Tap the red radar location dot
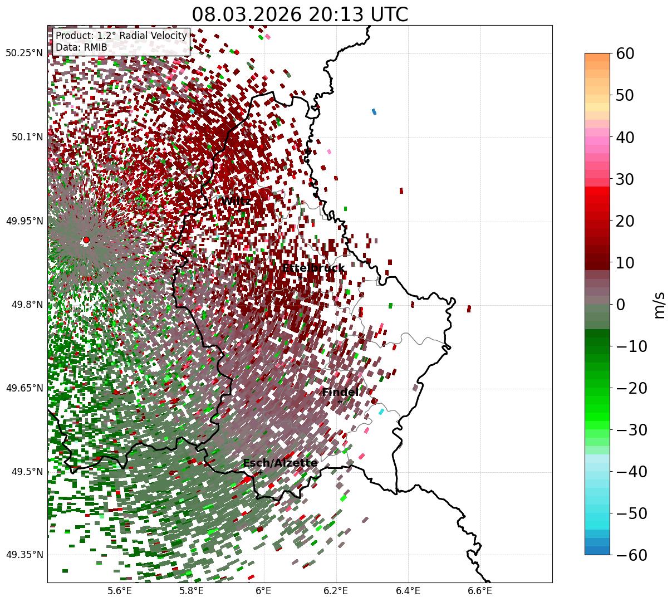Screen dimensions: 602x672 click(86, 240)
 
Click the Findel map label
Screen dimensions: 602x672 click(340, 393)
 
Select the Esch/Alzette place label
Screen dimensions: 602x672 click(280, 463)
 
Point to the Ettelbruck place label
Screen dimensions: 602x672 click(313, 268)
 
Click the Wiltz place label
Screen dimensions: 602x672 click(235, 201)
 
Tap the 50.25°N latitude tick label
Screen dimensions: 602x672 click(24, 53)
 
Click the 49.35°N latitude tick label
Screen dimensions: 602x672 click(24, 555)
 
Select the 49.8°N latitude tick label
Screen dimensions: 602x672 click(26, 305)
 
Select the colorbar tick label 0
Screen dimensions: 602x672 click(621, 305)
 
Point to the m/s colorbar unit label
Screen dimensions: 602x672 click(659, 305)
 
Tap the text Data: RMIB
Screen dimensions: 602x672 click(81, 47)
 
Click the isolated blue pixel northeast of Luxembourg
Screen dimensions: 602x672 click(374, 111)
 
